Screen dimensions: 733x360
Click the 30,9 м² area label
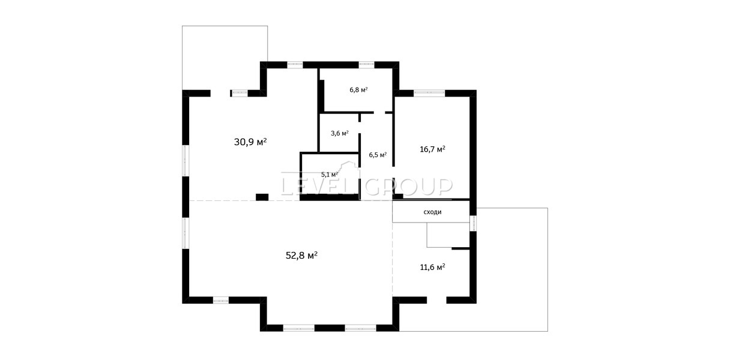[250, 142]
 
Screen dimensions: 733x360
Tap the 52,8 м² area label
[301, 256]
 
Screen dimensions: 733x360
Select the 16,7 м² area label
[432, 149]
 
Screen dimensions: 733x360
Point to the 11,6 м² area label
[432, 267]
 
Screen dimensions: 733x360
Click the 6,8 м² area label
[358, 89]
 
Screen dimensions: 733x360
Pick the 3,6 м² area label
[340, 133]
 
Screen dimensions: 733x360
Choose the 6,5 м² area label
[378, 155]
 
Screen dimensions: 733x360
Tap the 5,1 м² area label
[330, 174]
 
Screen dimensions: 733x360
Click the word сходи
[432, 212]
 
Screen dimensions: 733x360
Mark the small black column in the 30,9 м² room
[262, 197]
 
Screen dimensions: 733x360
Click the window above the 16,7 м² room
[429, 93]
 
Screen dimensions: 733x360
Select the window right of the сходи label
[473, 223]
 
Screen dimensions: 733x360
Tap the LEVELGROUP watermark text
[366, 186]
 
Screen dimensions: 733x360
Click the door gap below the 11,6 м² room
[436, 300]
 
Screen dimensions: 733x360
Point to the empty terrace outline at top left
[225, 26]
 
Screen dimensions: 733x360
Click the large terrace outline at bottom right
[547, 269]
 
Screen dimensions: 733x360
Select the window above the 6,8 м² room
[366, 65]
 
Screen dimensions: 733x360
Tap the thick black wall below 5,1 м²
[330, 197]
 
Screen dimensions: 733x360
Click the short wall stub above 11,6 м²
[460, 248]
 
